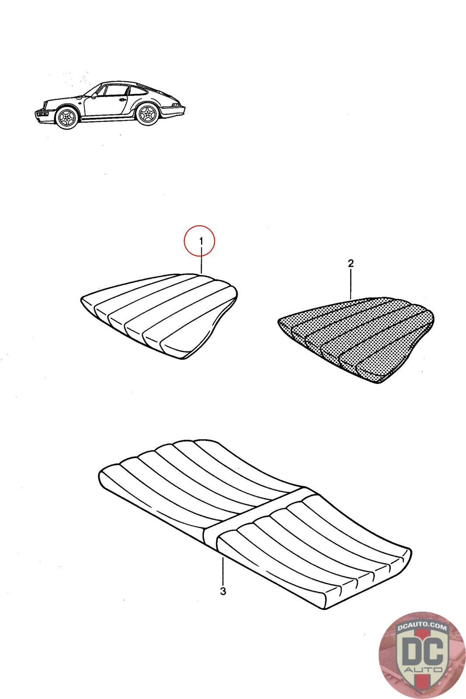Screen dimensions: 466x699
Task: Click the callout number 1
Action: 201,241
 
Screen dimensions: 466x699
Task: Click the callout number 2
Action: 350,263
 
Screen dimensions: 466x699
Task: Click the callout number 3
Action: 223,592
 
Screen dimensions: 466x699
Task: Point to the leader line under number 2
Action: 350,284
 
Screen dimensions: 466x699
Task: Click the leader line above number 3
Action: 223,570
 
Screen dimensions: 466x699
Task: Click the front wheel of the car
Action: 67,118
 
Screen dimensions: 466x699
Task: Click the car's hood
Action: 61,100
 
